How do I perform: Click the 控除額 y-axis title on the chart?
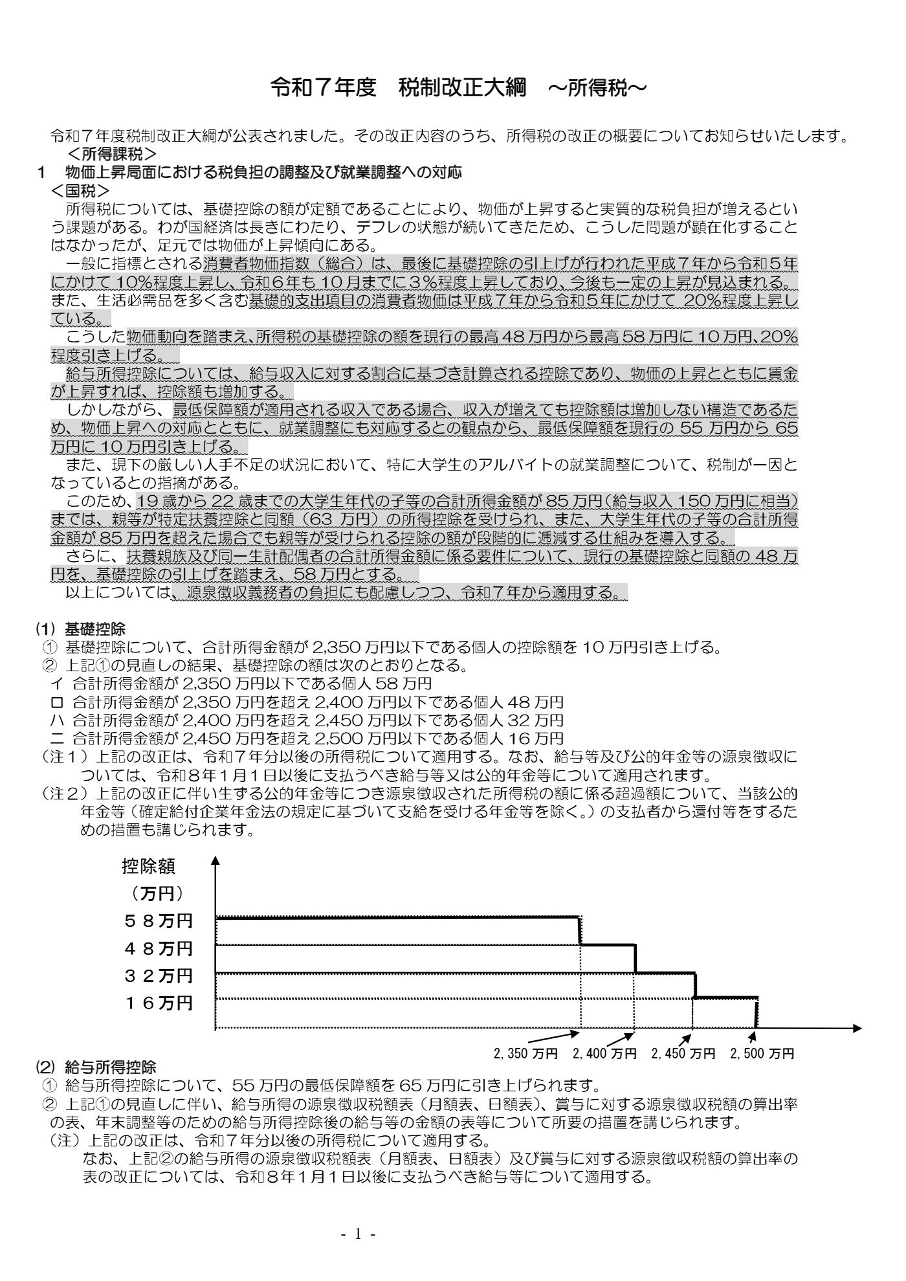point(148,866)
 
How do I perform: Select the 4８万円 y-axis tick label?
point(159,949)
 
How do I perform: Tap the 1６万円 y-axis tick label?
point(159,1003)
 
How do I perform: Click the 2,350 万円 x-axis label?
point(525,1054)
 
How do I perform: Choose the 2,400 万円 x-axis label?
point(604,1054)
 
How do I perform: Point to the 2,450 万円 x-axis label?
point(683,1054)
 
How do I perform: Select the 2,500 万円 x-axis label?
point(762,1054)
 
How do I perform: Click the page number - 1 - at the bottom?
point(358,1234)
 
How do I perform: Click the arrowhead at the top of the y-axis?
point(215,861)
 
